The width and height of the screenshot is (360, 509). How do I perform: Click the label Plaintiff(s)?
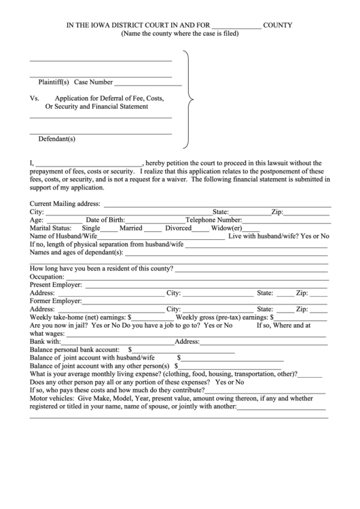[54, 82]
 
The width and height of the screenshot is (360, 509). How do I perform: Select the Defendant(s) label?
[56, 139]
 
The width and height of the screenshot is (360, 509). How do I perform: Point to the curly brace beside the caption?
[189, 99]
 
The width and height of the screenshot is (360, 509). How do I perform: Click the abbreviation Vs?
[35, 98]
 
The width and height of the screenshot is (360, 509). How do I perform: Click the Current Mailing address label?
[65, 203]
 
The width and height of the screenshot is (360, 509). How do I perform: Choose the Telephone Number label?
[214, 220]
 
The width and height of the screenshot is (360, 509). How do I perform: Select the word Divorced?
[175, 228]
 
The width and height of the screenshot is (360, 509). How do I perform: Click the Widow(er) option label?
[226, 228]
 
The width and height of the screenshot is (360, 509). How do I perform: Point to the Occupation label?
[47, 277]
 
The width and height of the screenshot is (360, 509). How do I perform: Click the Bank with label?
[46, 341]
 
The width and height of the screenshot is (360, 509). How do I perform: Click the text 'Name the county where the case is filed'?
[180, 33]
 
